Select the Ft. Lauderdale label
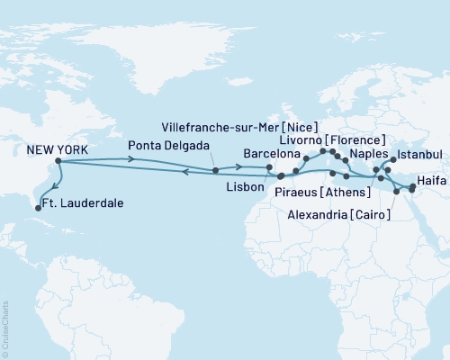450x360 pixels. tap(85, 204)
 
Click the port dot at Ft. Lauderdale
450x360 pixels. tap(38, 208)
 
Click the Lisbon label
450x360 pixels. tap(247, 186)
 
